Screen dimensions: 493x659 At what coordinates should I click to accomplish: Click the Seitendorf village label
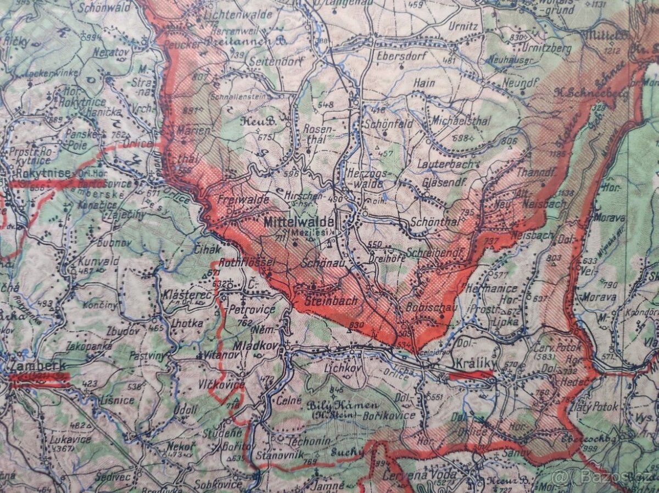pyautogui.click(x=276, y=62)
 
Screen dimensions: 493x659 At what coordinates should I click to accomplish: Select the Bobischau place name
pyautogui.click(x=431, y=307)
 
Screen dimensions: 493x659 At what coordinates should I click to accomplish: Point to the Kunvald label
pyautogui.click(x=98, y=261)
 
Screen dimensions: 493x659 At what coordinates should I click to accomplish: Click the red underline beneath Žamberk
pyautogui.click(x=38, y=378)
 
